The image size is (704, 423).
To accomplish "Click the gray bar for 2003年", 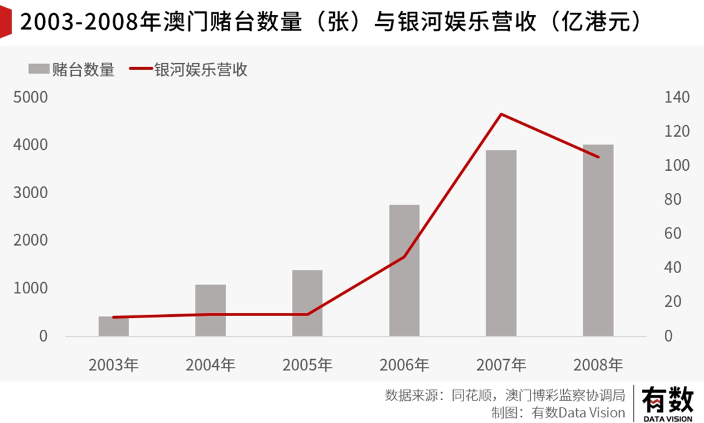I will (x=114, y=326).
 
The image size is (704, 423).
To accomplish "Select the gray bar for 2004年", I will (x=211, y=310).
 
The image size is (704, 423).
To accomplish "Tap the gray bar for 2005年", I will (x=307, y=303).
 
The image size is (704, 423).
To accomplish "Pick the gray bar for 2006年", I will (x=404, y=270).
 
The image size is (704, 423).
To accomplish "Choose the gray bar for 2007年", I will (x=501, y=243).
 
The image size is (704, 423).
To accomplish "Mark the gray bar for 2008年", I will (x=598, y=240).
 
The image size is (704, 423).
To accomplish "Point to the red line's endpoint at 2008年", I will (x=598, y=156).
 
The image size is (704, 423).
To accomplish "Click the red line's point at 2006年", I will (x=404, y=257).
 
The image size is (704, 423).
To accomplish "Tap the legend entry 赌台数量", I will (x=72, y=70).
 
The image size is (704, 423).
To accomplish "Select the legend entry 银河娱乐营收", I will (x=189, y=70).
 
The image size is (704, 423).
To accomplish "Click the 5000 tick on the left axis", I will (x=31, y=97).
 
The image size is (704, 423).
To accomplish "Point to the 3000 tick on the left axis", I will (x=31, y=193).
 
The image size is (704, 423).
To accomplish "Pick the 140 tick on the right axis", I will (x=677, y=97).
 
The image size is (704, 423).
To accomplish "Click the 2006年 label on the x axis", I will (x=404, y=365).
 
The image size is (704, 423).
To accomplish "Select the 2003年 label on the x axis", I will (x=114, y=365).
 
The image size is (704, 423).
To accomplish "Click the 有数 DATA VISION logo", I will (x=667, y=403).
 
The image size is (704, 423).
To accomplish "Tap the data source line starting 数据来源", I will (x=505, y=395).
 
